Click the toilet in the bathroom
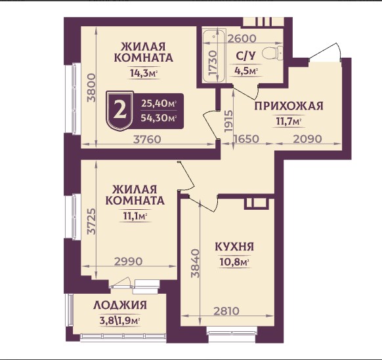point(271,53)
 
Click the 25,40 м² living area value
point(158,104)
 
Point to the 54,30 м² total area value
point(158,119)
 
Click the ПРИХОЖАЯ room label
point(288,106)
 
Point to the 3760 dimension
point(148,139)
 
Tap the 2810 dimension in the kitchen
point(226,311)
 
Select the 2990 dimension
point(128,262)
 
